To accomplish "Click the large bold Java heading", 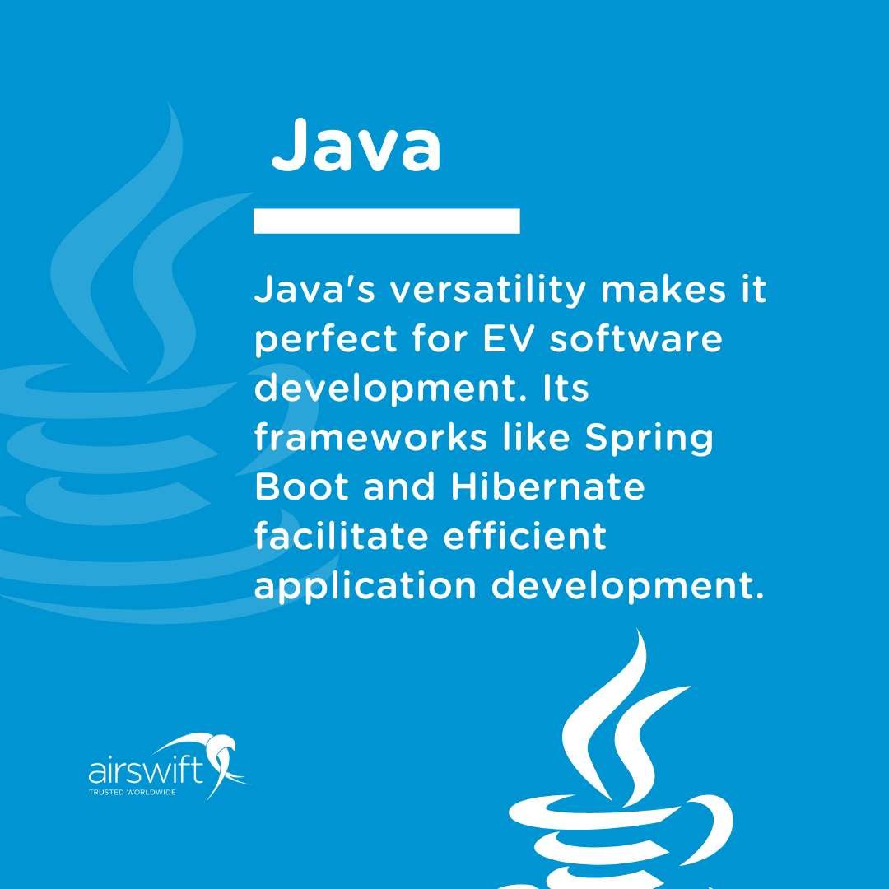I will [x=356, y=146].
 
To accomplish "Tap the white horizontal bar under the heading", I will [x=386, y=221].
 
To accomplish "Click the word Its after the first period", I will [x=564, y=389].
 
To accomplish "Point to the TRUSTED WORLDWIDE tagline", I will [x=132, y=793].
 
